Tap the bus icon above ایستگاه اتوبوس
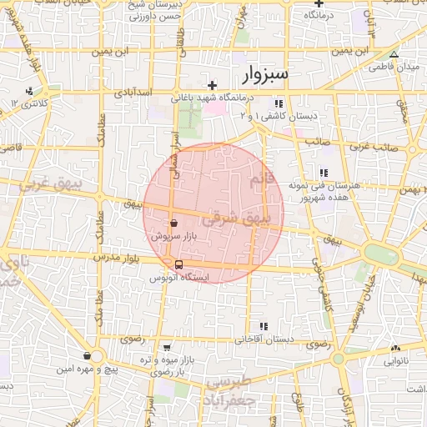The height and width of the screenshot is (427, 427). [178, 265]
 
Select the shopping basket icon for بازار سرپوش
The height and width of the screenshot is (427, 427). [173, 224]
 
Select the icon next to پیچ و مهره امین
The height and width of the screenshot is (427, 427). [87, 356]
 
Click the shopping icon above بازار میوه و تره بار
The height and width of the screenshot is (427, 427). [168, 348]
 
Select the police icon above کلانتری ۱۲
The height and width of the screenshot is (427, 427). [30, 91]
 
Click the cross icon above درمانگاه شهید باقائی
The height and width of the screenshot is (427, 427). [213, 85]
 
